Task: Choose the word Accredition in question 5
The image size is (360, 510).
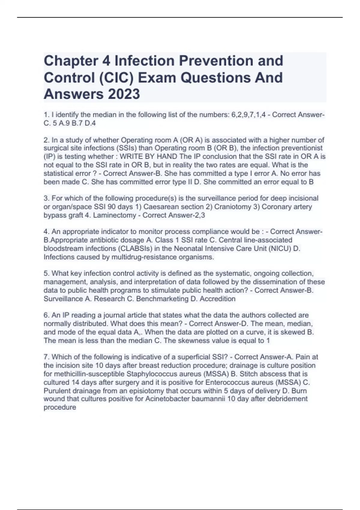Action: click(x=217, y=299)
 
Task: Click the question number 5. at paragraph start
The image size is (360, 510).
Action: click(x=46, y=274)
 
